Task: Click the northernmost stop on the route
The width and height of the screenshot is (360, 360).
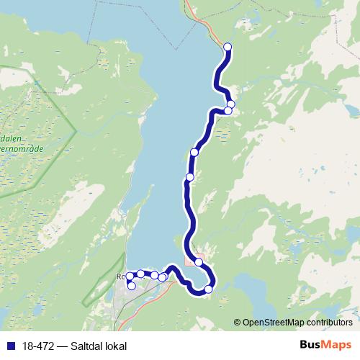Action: pyautogui.click(x=228, y=48)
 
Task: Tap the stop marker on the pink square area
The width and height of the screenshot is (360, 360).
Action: pyautogui.click(x=198, y=262)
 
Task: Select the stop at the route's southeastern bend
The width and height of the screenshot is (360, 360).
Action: pyautogui.click(x=209, y=289)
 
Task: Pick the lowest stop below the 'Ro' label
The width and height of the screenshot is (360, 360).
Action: pyautogui.click(x=131, y=286)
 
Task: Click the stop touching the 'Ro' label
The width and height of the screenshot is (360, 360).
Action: pyautogui.click(x=130, y=276)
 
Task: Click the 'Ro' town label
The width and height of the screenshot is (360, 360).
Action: pyautogui.click(x=120, y=276)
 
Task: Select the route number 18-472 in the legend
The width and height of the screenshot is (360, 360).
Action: pyautogui.click(x=38, y=346)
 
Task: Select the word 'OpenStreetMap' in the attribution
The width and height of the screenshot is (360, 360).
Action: pyautogui.click(x=272, y=322)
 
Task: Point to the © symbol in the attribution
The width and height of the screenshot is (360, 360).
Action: pyautogui.click(x=238, y=322)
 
